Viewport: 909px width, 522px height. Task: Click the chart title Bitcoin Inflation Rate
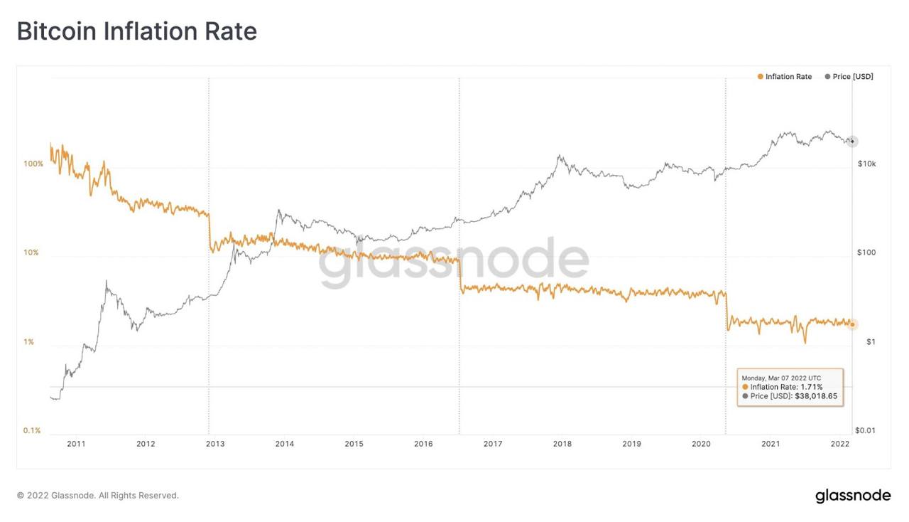click(x=137, y=31)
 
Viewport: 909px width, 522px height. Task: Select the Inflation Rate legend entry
click(x=785, y=76)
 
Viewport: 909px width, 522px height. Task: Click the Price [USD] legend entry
click(x=849, y=76)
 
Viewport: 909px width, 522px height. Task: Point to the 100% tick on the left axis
click(x=33, y=164)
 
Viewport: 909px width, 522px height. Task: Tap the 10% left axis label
click(x=31, y=252)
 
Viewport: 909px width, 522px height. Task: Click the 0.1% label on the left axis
click(x=32, y=430)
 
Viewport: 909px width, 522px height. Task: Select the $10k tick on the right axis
click(x=867, y=164)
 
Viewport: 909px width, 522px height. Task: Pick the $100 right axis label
click(x=866, y=252)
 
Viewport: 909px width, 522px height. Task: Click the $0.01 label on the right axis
click(x=865, y=430)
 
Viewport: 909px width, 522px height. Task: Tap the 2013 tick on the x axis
click(x=215, y=444)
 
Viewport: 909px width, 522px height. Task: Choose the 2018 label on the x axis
click(x=562, y=444)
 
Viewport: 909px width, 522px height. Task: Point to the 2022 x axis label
click(x=840, y=444)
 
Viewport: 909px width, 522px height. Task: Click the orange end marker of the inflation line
click(x=853, y=324)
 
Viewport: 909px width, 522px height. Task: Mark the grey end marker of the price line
click(x=853, y=142)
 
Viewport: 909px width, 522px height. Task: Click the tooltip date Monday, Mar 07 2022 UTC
click(x=781, y=378)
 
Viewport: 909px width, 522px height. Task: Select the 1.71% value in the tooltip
click(x=812, y=387)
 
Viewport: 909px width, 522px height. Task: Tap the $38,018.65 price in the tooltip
click(x=816, y=396)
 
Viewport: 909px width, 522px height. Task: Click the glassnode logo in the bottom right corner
click(x=853, y=496)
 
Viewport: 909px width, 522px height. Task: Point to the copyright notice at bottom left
click(x=98, y=496)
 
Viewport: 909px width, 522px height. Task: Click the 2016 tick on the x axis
click(x=424, y=444)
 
